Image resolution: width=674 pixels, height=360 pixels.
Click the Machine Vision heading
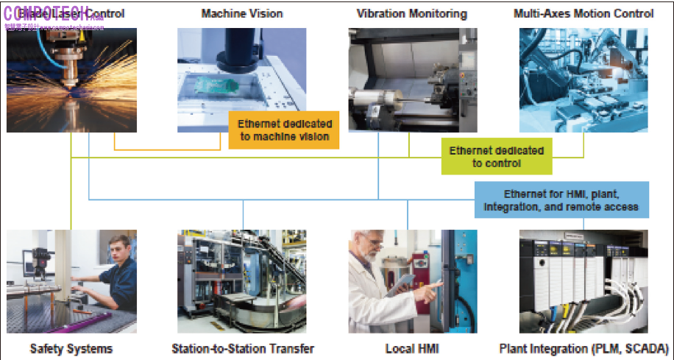coord(241,13)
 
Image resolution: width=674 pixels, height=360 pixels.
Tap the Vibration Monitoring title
coord(411,13)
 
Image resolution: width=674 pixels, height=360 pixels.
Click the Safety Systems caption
coord(71,347)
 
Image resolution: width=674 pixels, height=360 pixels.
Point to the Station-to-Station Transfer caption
coord(242,347)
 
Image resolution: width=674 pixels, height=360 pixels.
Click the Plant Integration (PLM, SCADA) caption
coord(583,347)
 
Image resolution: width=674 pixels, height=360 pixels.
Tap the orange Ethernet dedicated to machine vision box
coord(284,130)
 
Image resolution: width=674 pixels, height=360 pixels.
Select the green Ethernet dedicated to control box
coord(497,157)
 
